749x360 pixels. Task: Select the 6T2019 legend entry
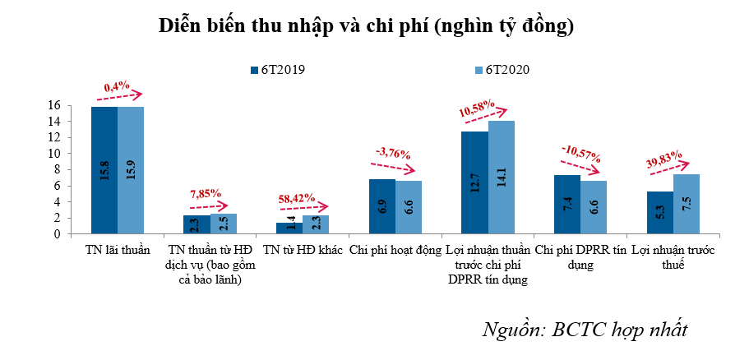277,70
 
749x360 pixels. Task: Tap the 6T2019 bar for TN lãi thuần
104,170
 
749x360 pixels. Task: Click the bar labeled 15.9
131,170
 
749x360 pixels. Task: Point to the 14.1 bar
502,178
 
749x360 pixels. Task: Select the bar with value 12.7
475,182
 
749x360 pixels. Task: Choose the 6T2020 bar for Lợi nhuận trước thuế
687,205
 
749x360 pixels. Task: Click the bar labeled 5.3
660,213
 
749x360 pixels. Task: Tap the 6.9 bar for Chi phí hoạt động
382,207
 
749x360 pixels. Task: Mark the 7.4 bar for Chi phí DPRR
567,205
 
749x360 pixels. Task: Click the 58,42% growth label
296,197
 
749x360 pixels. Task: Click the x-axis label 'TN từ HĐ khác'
303,250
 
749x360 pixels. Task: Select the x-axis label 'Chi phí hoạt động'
395,250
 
